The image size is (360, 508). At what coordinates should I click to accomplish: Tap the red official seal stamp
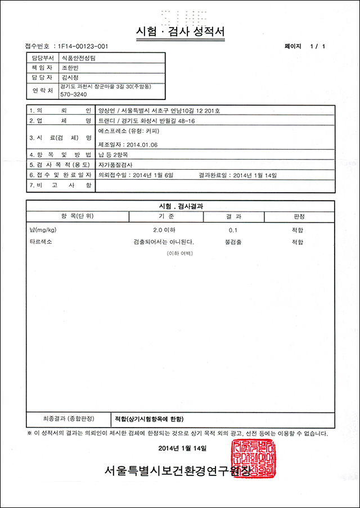[252, 459]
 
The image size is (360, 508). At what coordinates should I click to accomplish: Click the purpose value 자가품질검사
[114, 165]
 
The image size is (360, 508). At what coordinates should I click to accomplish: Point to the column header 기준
[166, 216]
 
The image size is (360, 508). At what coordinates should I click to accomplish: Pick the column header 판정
[299, 216]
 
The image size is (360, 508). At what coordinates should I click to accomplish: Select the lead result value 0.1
[233, 230]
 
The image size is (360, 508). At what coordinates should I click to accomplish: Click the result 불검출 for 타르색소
[233, 242]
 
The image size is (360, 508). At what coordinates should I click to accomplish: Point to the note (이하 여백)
[179, 253]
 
